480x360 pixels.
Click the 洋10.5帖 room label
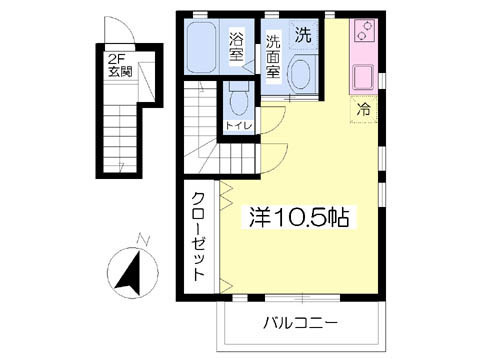point(299,217)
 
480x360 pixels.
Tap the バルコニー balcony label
point(301,323)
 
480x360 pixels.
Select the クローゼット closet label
point(198,237)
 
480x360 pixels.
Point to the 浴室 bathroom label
point(236,47)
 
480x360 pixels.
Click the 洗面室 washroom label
point(273,56)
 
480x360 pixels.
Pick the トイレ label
point(239,126)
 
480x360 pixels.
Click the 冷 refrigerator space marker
point(363,109)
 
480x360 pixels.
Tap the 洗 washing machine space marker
point(303,35)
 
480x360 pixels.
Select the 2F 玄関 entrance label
point(120,66)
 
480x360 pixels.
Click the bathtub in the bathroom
point(201,47)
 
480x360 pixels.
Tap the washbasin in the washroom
point(301,74)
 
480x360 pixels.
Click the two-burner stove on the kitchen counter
point(364,30)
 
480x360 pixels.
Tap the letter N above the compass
point(144,240)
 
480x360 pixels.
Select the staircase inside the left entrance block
point(120,139)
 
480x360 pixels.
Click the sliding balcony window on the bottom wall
point(302,298)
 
